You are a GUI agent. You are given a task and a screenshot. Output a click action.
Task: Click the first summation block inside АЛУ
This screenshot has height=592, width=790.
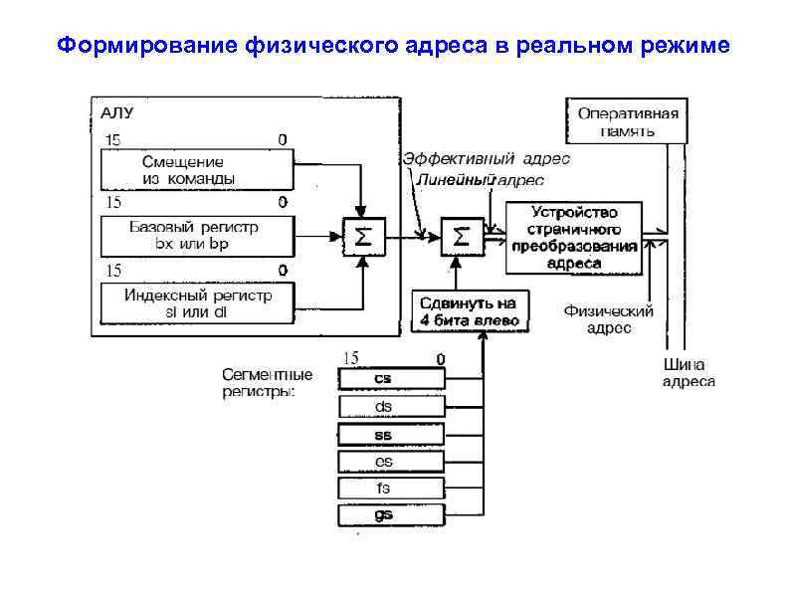pyautogui.click(x=364, y=237)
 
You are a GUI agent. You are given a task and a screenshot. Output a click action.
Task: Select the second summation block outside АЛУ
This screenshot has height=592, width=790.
pyautogui.click(x=461, y=237)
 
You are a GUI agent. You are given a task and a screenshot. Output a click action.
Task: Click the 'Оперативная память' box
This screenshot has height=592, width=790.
pyautogui.click(x=628, y=120)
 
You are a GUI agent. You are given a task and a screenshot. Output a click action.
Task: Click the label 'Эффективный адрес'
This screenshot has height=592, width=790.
pyautogui.click(x=486, y=159)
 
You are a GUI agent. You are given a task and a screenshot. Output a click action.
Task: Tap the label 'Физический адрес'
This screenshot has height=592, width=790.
pyautogui.click(x=608, y=319)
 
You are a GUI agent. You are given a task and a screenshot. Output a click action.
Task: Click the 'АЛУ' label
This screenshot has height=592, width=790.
pyautogui.click(x=119, y=111)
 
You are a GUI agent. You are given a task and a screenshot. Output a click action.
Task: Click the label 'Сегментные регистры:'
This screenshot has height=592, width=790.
pyautogui.click(x=266, y=383)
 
